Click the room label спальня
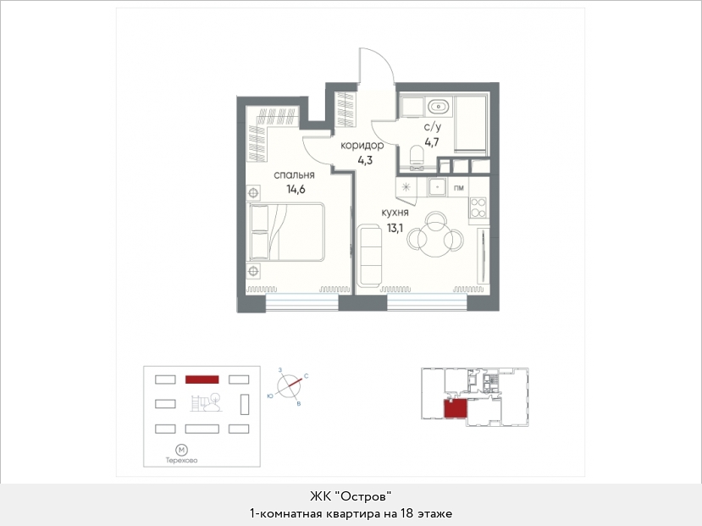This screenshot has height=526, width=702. pyautogui.click(x=294, y=175)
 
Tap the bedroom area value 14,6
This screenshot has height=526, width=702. pyautogui.click(x=296, y=189)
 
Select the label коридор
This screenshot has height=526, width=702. pyautogui.click(x=362, y=146)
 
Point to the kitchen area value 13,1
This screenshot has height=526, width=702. pyautogui.click(x=395, y=228)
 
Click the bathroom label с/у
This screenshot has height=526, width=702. pyautogui.click(x=433, y=128)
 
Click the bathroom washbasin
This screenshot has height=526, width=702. pyautogui.click(x=438, y=108)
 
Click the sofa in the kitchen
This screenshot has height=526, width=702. pyautogui.click(x=369, y=256)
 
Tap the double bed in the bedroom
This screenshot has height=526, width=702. pyautogui.click(x=285, y=231)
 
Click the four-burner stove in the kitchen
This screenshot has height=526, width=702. pyautogui.click(x=478, y=208)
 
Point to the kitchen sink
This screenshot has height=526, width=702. pyautogui.click(x=438, y=186)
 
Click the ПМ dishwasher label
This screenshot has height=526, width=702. pyautogui.click(x=459, y=188)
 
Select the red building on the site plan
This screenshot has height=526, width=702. pyautogui.click(x=202, y=379)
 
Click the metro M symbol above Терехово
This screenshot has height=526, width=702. pyautogui.click(x=181, y=450)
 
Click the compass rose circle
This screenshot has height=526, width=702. pyautogui.click(x=289, y=385)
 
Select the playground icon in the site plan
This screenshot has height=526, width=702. pyautogui.click(x=207, y=402)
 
